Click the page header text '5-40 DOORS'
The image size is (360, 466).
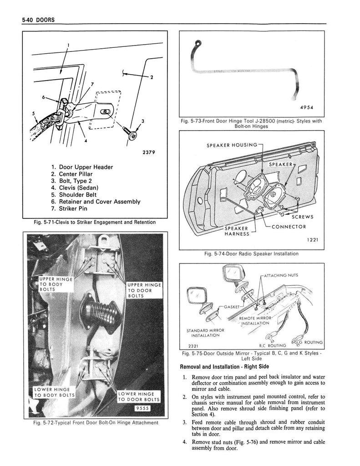click(35, 20)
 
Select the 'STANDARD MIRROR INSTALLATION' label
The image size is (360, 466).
click(202, 333)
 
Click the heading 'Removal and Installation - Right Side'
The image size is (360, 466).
click(225, 367)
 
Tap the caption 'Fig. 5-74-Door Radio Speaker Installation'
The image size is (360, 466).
click(251, 253)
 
